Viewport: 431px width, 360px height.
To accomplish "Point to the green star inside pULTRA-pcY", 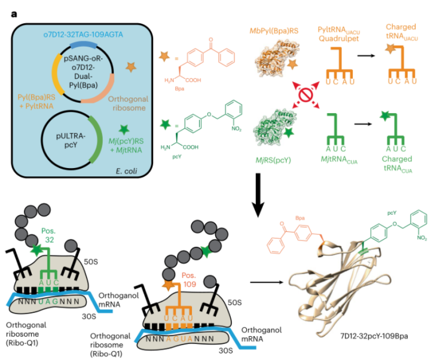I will click(124, 128).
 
